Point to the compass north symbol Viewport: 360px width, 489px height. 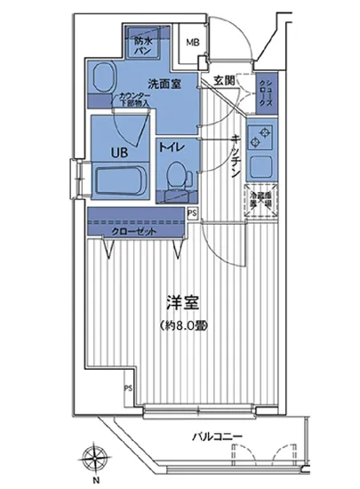click(x=95, y=459)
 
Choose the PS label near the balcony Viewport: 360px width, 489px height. click(x=126, y=388)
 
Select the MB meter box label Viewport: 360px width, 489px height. click(x=192, y=41)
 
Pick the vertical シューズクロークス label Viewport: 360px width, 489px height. click(x=265, y=92)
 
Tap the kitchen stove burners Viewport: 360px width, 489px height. click(x=262, y=134)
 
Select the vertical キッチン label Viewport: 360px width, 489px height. click(x=234, y=156)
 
